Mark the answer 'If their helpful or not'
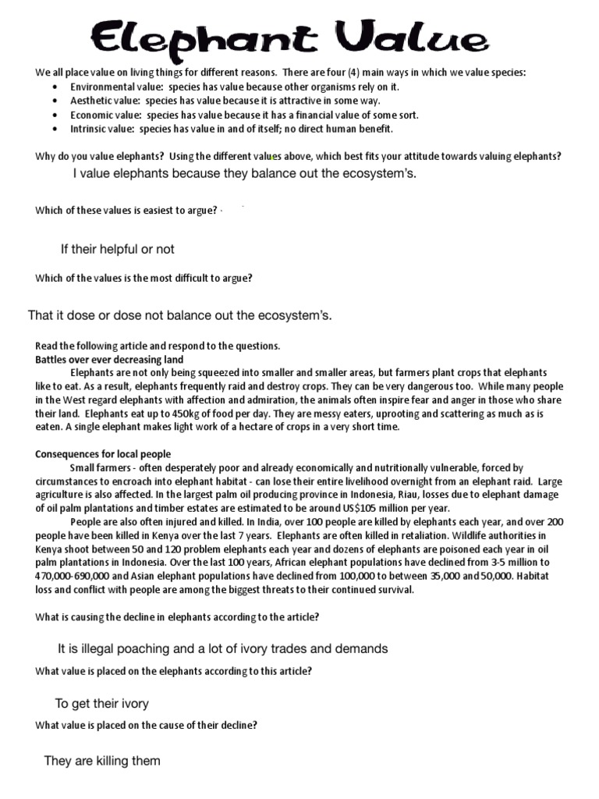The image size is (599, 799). click(x=117, y=249)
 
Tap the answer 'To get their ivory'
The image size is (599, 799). click(x=101, y=703)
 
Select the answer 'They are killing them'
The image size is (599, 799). click(x=102, y=761)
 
